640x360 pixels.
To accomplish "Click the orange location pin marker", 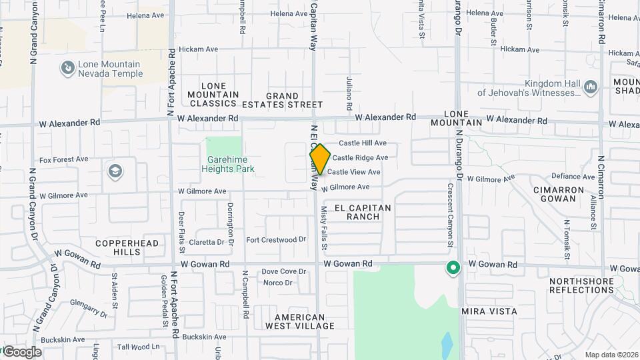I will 320,159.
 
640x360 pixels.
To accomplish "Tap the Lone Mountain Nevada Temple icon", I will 67,67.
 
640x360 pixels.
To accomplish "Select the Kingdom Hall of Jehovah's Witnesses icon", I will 590,87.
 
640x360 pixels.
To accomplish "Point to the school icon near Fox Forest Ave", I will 115,171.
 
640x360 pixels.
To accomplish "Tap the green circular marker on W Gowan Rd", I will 453,268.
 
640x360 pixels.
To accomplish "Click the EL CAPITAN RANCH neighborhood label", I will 363,212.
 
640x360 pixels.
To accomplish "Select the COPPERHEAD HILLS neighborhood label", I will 127,247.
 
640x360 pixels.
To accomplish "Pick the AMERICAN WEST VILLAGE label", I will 300,321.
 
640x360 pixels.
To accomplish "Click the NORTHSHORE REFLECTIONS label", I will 581,285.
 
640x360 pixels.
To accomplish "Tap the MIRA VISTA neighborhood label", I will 489,311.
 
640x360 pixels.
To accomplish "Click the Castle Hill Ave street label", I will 363,143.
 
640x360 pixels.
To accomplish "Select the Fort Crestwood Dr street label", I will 276,239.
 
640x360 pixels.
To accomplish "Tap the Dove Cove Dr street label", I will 283,271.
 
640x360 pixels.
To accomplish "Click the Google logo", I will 22,352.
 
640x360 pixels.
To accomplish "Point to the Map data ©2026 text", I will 611,355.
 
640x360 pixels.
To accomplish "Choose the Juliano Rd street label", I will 349,93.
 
